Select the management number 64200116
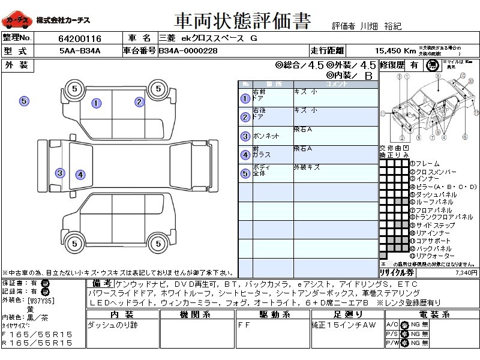coord(79,38)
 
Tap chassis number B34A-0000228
coord(189,51)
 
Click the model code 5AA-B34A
coord(79,51)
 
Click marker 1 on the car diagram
coord(96,103)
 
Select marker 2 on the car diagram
coord(139,102)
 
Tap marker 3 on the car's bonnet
coord(60,173)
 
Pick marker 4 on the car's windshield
coord(80,175)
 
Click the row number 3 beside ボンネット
coord(245,136)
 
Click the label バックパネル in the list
coord(433,248)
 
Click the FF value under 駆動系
coord(245,325)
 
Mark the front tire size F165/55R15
coord(37,333)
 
